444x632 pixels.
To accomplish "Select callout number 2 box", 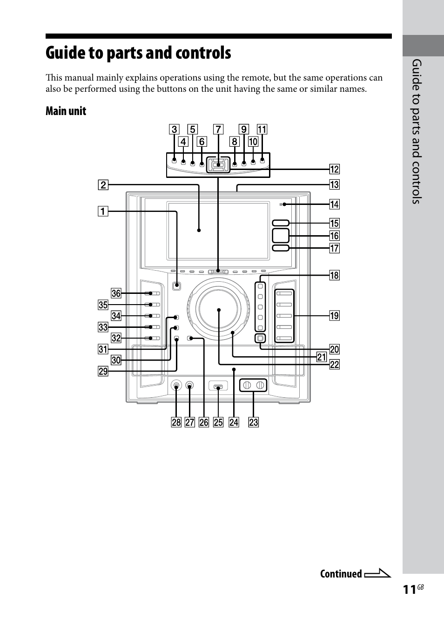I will (x=102, y=185).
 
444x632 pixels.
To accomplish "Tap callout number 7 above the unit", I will (x=218, y=129).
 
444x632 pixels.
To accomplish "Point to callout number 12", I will (x=334, y=169).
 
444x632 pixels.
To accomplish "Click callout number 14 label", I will (x=334, y=204).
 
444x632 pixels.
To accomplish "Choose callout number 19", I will (x=334, y=316).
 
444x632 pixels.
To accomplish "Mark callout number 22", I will (x=334, y=365).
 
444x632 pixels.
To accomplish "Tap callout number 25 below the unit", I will (x=218, y=422).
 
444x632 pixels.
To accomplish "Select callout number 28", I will (x=176, y=422).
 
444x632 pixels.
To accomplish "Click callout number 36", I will (x=116, y=293).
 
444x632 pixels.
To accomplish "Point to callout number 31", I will (x=102, y=349).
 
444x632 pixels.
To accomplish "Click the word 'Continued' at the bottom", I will (x=341, y=574).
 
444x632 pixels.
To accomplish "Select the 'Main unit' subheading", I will (x=66, y=111).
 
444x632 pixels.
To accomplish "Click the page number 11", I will (x=409, y=590).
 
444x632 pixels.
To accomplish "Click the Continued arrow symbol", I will (x=377, y=574).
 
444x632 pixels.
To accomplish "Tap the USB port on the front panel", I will (x=218, y=386).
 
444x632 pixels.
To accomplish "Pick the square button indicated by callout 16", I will (x=281, y=236).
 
